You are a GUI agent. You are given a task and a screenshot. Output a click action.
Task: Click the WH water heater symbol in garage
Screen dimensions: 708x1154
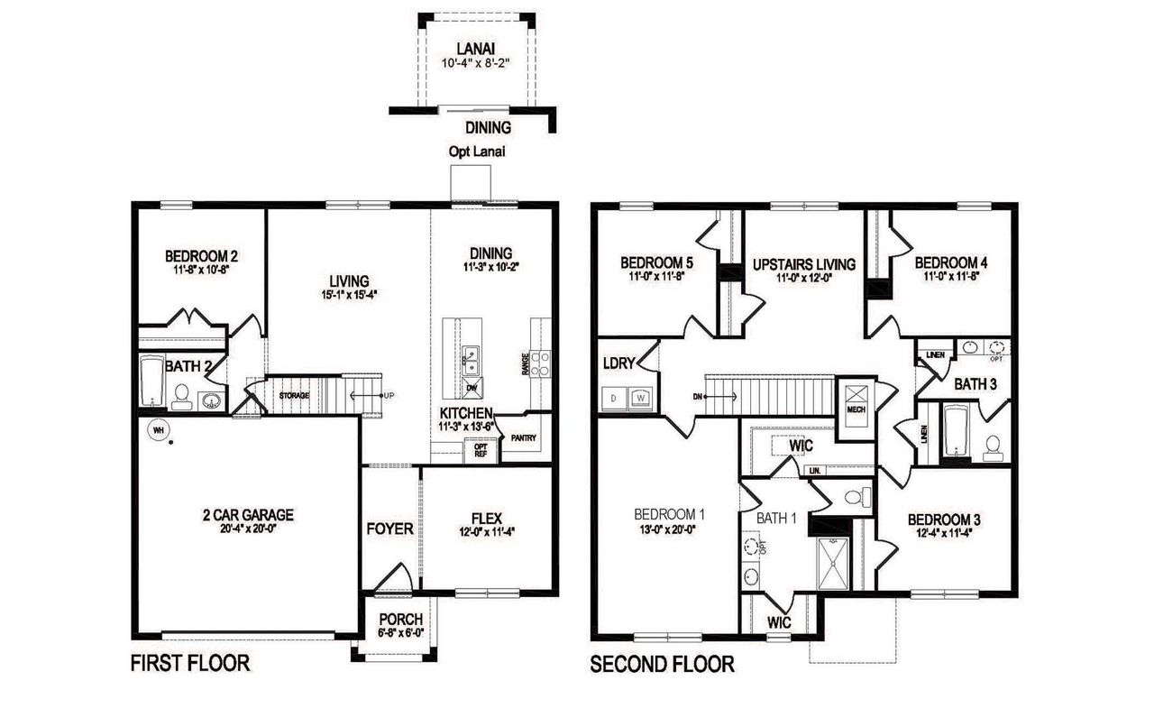tap(159, 430)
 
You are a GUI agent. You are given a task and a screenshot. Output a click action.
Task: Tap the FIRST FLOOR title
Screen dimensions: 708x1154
tap(189, 665)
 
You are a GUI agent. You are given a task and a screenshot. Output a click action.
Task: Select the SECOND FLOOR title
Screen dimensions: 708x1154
tap(662, 666)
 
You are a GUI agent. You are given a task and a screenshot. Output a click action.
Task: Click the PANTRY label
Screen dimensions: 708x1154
tap(524, 438)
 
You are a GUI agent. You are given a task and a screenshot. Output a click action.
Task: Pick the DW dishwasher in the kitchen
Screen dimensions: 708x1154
tap(472, 388)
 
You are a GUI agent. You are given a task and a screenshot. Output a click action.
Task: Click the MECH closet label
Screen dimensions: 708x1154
tap(856, 410)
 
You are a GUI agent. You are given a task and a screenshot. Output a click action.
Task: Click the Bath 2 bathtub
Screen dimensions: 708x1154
tap(151, 383)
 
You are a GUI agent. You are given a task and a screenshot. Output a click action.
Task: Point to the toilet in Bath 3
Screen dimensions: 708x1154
tap(993, 446)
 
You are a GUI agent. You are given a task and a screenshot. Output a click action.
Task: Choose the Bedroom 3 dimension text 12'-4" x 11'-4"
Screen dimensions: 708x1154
tap(943, 533)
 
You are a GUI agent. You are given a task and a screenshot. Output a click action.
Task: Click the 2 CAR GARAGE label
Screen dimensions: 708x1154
tap(247, 516)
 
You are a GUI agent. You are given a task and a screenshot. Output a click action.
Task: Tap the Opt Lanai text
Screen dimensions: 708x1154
tap(476, 152)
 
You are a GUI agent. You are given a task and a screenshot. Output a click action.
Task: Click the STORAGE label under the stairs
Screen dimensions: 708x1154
tap(294, 396)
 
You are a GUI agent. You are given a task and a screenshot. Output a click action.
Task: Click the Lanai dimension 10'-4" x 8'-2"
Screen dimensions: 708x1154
tap(476, 64)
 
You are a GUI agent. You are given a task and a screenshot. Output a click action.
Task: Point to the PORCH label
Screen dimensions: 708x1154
tap(398, 620)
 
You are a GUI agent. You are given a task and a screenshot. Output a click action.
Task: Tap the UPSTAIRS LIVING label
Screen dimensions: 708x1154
tap(803, 264)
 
